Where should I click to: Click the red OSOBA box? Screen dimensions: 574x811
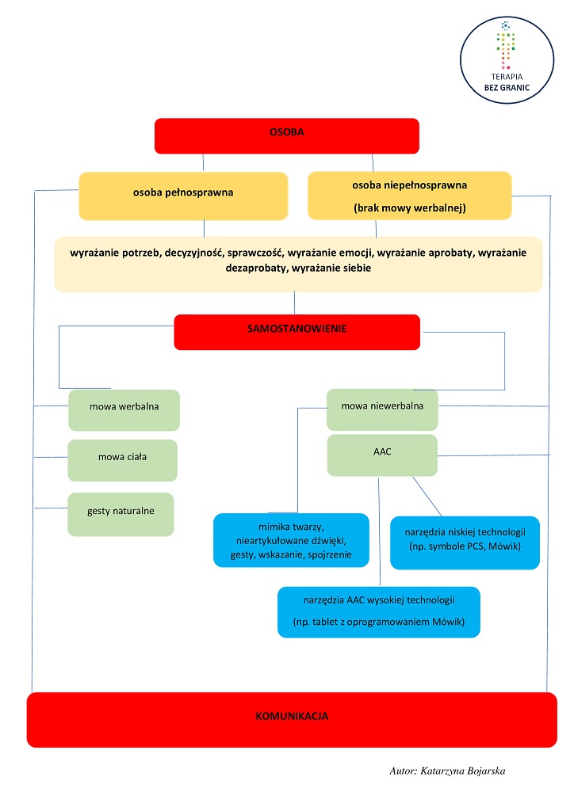pos(287,136)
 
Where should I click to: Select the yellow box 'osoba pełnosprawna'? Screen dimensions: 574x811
pos(183,196)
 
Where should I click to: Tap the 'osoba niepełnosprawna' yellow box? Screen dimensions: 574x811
pos(410,196)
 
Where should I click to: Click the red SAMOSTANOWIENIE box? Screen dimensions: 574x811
pos(297,332)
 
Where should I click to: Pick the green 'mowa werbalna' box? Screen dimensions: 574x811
pos(124,410)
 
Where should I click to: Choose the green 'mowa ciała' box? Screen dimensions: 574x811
pos(123,460)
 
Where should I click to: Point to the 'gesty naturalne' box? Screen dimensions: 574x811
pos(121,514)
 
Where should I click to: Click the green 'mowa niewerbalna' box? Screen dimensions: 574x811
pos(382,409)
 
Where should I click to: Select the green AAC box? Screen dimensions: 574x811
pos(382,455)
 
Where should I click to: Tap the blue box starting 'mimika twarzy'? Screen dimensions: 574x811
pos(292,540)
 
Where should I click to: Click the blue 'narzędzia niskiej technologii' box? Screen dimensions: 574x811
pos(465,543)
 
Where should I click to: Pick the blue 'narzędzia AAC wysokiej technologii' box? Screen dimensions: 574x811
pos(379,612)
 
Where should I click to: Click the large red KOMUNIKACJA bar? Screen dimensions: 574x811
pos(292,719)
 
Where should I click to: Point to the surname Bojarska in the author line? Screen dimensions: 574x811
pos(486,771)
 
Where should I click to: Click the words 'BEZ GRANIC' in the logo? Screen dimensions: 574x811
pos(507,88)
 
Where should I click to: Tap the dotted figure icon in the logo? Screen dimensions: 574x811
pos(506,45)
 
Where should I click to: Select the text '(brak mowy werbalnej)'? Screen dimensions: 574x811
pos(410,208)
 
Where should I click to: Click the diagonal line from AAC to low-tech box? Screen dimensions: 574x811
pos(427,497)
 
